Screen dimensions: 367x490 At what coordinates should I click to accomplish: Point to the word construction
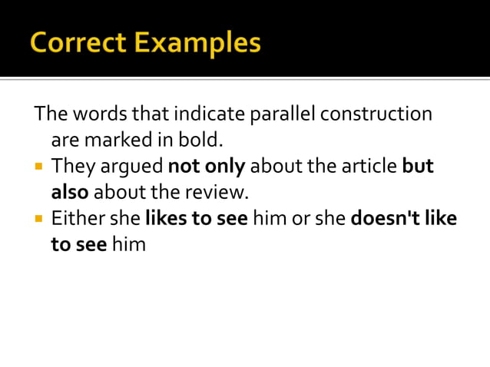click(x=376, y=114)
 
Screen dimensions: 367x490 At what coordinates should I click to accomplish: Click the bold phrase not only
click(x=206, y=167)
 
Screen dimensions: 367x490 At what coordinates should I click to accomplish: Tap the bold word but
click(x=418, y=166)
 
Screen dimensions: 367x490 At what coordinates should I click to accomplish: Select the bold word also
click(x=70, y=192)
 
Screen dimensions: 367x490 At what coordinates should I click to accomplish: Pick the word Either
click(x=78, y=219)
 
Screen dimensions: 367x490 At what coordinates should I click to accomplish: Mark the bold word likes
click(x=166, y=219)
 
